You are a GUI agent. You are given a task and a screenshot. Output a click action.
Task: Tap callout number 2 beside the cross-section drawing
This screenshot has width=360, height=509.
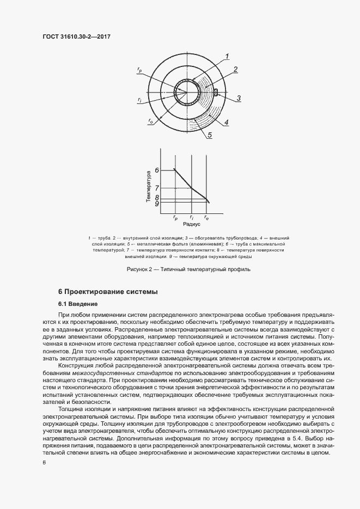pos(235,69)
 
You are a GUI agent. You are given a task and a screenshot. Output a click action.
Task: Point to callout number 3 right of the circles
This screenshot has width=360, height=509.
pos(239,98)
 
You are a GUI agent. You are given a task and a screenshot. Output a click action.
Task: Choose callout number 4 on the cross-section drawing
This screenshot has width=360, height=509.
pos(226,122)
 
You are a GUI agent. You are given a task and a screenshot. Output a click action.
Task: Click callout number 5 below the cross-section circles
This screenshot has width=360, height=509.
pos(209,136)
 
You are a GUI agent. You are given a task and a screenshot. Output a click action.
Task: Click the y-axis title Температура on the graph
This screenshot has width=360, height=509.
pos(148,187)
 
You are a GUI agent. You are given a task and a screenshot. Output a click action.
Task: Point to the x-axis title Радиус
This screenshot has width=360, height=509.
pos(191,224)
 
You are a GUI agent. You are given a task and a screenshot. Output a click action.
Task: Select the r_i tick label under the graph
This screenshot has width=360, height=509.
pos(192,217)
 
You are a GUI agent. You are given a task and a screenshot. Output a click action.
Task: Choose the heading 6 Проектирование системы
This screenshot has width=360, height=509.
pos(108,292)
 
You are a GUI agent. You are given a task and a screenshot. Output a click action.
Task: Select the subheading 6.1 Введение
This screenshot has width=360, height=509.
pos(77,303)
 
